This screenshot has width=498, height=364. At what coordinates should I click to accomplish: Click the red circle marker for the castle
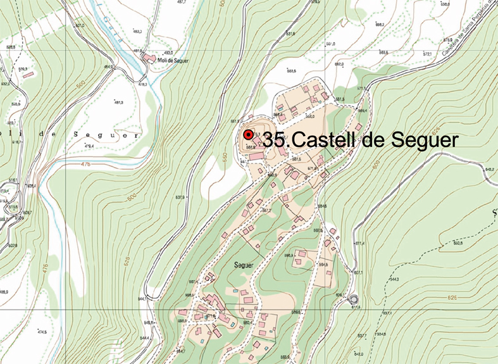tap(249, 135)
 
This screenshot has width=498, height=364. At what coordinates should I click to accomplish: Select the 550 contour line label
tap(222, 154)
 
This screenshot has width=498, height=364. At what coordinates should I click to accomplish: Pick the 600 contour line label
tap(375, 165)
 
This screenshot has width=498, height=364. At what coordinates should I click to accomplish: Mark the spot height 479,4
tap(89, 146)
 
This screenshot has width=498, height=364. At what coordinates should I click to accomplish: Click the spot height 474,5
tap(42, 332)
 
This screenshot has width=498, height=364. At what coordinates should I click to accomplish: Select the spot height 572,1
tap(426, 54)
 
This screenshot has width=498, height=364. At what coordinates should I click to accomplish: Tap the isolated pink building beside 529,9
tap(28, 75)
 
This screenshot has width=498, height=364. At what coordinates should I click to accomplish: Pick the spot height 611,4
tap(359, 243)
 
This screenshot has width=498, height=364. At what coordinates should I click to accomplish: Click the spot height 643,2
tap(489, 169)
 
